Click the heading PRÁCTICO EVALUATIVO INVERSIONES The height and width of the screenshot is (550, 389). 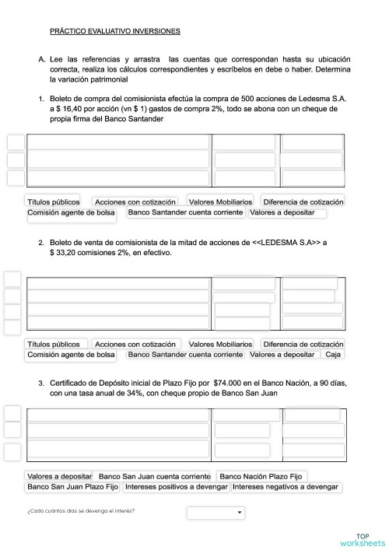tap(114, 32)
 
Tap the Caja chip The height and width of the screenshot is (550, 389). tap(333, 355)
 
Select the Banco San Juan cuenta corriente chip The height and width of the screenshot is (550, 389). tap(155, 476)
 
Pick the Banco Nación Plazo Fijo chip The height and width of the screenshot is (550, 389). tap(262, 476)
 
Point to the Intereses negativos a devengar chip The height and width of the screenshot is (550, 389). tap(286, 487)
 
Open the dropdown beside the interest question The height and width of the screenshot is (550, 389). tap(216, 513)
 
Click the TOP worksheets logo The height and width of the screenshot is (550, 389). tap(362, 539)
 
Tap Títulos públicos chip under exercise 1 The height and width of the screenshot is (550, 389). tap(54, 201)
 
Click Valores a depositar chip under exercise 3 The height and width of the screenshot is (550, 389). tap(59, 476)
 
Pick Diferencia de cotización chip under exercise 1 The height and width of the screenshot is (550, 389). tap(303, 201)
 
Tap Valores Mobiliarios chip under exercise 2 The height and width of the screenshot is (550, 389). tap(220, 344)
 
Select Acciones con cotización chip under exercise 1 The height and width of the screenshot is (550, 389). tap(135, 201)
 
